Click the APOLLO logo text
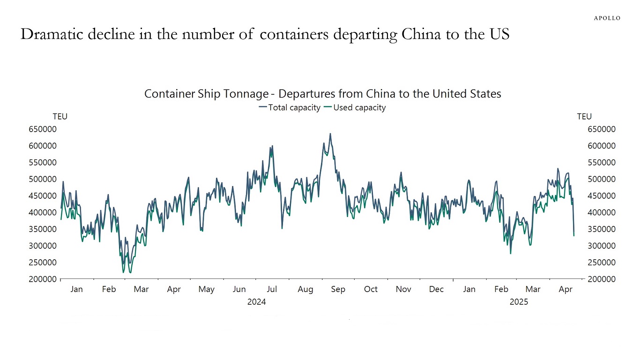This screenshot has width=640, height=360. (607, 18)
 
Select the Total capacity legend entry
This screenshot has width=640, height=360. (289, 107)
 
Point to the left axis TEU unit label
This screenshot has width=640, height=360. (60, 117)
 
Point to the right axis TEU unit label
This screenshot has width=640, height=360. (584, 117)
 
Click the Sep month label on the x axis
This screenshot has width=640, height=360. (338, 289)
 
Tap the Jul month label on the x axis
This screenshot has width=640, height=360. (272, 289)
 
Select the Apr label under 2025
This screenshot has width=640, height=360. (566, 289)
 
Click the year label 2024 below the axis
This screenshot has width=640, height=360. (256, 302)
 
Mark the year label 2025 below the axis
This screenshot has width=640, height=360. (519, 302)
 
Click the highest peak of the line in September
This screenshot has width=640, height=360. (330, 134)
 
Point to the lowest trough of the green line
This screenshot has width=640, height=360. (130, 272)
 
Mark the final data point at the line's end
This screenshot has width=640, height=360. (574, 236)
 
